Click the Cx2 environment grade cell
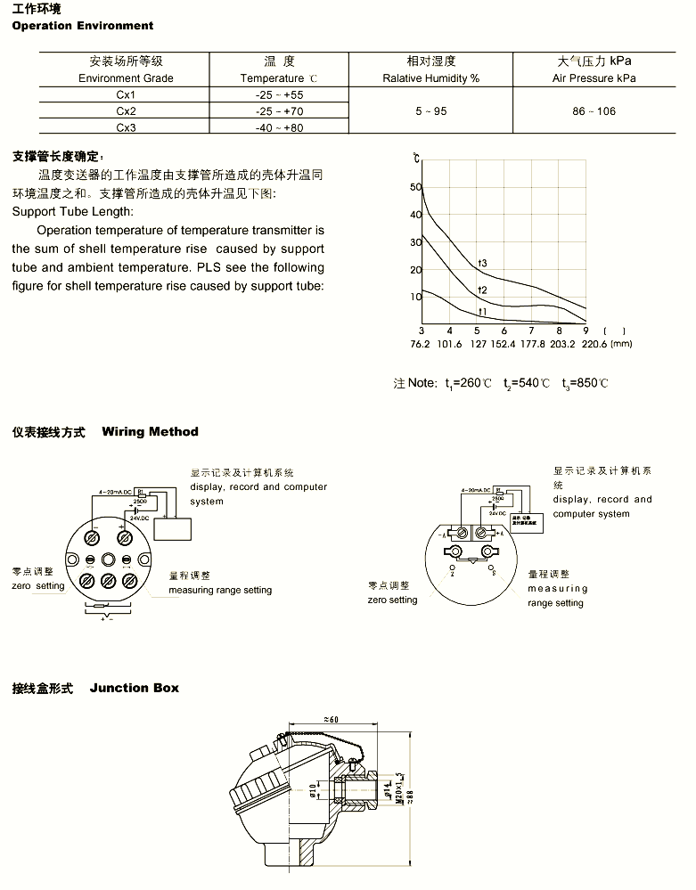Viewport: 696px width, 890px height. tap(126, 111)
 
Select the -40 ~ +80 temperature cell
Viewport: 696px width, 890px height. tap(278, 127)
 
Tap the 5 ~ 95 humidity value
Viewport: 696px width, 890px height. tap(430, 111)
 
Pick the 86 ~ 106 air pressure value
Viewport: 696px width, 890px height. tap(594, 111)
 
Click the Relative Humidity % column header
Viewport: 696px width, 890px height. tap(430, 78)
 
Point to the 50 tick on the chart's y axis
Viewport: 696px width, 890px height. tap(415, 187)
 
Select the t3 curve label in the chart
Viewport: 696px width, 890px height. tap(482, 262)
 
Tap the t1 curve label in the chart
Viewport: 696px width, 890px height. tap(482, 311)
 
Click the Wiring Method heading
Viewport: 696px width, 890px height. tap(150, 432)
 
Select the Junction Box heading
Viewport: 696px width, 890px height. tap(134, 688)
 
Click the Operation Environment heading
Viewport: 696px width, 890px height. tap(82, 26)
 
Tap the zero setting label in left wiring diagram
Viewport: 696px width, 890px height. tap(38, 585)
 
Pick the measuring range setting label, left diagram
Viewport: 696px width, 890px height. tap(220, 590)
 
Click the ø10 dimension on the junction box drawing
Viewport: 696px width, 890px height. tap(313, 790)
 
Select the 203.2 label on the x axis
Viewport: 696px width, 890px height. tap(562, 344)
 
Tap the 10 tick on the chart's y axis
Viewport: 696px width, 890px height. tap(415, 297)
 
